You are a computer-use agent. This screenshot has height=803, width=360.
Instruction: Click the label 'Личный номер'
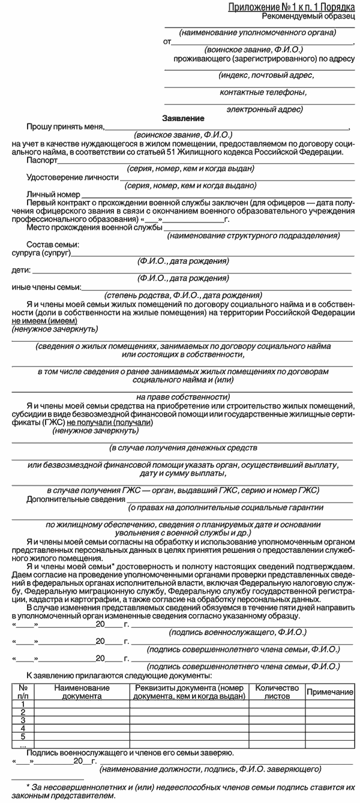pos(53,195)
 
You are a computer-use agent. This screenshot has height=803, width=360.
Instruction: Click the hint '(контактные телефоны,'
pos(263,92)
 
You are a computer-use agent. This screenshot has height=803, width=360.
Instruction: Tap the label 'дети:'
pos(21,270)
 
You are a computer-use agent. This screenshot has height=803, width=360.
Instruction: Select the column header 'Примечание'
pos(329,692)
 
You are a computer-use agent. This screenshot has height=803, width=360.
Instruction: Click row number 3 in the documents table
pos(23,720)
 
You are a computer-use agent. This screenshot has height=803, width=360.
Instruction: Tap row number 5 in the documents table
pos(23,736)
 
